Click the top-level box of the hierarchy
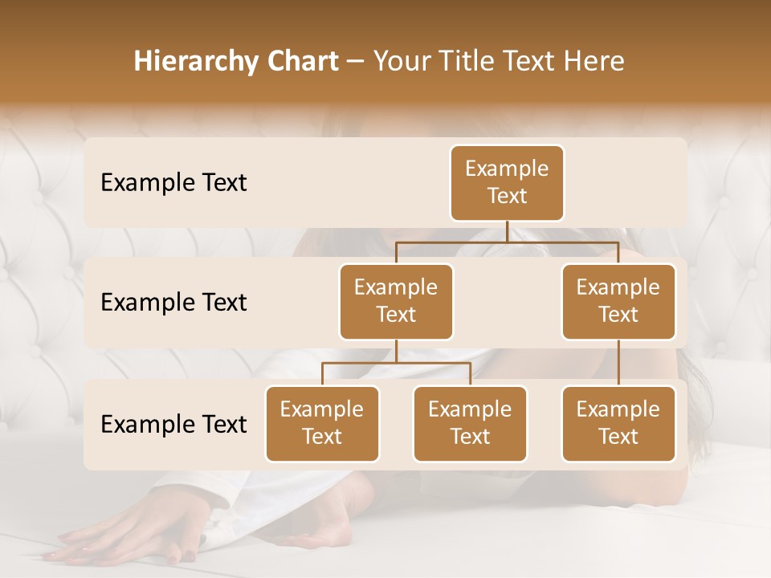(507, 183)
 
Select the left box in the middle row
(396, 301)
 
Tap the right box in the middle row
(618, 301)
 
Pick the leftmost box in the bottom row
(322, 423)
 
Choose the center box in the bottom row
(470, 423)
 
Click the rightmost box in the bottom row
(618, 423)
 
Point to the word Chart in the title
(302, 62)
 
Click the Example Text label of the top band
(173, 182)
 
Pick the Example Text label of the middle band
(173, 302)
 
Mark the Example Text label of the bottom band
(173, 424)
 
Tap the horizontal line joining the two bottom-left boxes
(396, 363)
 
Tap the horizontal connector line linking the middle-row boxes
(507, 242)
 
